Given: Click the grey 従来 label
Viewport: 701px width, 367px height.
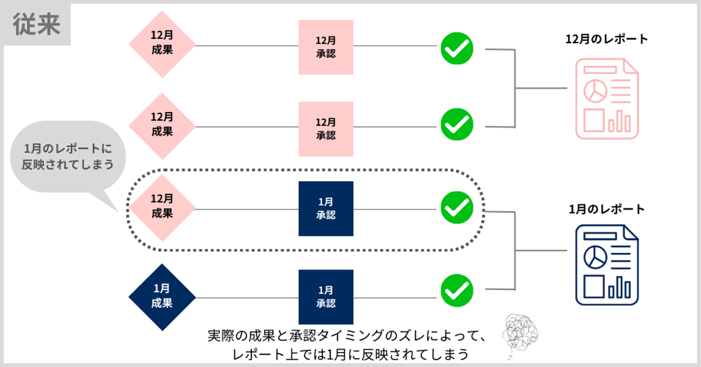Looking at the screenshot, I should click(37, 25).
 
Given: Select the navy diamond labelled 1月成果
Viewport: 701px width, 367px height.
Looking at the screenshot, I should click(162, 296).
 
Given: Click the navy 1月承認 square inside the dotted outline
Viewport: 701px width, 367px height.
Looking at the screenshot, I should click(326, 208).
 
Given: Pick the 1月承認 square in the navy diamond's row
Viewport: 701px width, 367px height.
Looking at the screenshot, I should click(326, 297).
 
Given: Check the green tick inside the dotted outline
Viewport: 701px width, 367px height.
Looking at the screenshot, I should click(456, 207).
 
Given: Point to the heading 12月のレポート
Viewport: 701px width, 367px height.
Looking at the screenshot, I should click(606, 38).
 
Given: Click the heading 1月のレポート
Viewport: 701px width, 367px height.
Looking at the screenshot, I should click(606, 210).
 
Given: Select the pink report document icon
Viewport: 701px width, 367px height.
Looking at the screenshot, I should click(606, 99).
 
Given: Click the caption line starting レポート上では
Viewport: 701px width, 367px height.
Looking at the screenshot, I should click(350, 354).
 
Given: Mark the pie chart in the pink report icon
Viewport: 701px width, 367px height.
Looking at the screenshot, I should click(595, 90).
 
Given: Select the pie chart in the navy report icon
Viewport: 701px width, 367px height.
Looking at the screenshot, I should click(595, 257).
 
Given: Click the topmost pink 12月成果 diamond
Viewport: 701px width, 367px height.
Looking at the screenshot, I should click(162, 46).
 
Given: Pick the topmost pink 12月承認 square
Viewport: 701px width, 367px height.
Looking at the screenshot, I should click(326, 47).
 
